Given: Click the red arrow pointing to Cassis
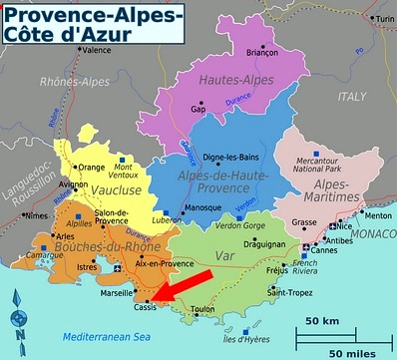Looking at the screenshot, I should click(182, 283).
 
